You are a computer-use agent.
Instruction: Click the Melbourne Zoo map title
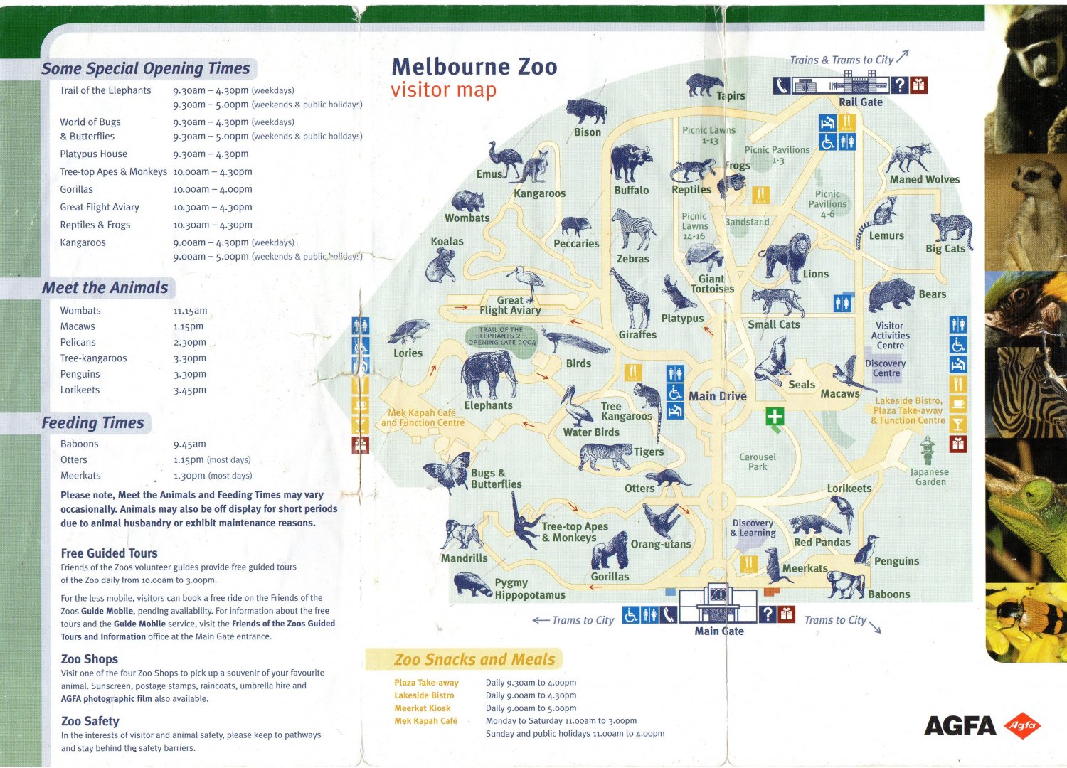point(474,67)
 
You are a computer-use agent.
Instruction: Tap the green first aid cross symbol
point(775,417)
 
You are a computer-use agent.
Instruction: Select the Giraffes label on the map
point(637,335)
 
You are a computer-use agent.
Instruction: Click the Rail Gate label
point(860,102)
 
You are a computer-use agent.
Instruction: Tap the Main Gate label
point(719,631)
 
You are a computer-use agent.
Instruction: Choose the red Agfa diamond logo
point(1022,725)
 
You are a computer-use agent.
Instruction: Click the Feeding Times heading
point(92,423)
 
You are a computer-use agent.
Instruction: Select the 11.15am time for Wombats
point(190,311)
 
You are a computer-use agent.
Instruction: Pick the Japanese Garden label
point(930,477)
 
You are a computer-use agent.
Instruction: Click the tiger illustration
point(605,456)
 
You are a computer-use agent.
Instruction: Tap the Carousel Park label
point(758,462)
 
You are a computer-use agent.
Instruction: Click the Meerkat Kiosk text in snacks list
point(423,708)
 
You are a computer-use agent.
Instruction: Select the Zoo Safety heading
point(90,721)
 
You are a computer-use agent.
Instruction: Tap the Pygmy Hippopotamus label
point(530,589)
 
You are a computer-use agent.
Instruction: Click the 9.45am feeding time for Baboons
point(189,444)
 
